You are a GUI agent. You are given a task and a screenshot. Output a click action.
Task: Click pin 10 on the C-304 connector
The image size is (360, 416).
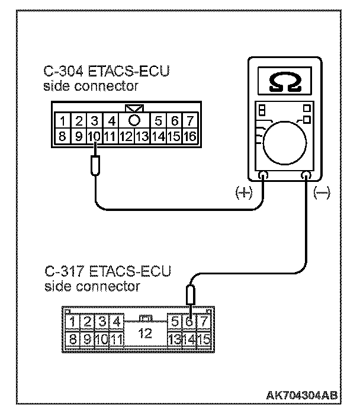[x=95, y=136]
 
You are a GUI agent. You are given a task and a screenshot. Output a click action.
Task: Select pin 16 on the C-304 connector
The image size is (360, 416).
[x=189, y=136]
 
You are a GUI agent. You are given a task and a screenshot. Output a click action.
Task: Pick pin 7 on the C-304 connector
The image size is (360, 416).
[x=189, y=121]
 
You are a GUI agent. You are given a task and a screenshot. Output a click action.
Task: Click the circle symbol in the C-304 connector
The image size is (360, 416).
[x=134, y=120]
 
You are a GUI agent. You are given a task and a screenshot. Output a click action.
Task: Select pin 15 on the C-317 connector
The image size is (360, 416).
[x=204, y=340]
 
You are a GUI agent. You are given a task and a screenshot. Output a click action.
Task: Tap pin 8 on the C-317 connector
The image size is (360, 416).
[x=72, y=340]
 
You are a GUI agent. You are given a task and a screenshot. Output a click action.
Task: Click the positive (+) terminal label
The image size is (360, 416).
[x=243, y=192]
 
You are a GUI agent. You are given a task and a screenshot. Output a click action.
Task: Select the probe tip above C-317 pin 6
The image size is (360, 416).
[x=190, y=293]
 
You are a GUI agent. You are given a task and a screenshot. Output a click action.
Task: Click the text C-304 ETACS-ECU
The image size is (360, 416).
[x=107, y=72]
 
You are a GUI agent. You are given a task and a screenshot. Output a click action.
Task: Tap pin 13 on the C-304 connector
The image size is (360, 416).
[x=141, y=136]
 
